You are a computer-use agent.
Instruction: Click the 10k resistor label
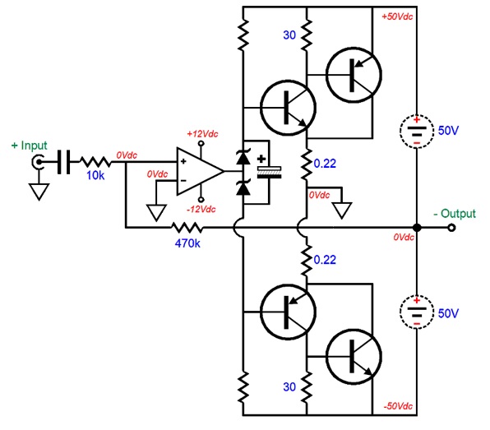click(x=95, y=176)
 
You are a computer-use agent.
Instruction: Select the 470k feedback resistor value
click(x=187, y=243)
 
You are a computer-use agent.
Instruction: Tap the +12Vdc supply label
click(x=202, y=134)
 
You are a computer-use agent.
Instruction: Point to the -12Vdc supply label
click(x=201, y=209)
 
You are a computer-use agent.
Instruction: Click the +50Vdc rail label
click(x=397, y=16)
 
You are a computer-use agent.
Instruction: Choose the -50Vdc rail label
click(x=398, y=406)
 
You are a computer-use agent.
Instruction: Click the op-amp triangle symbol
click(x=201, y=171)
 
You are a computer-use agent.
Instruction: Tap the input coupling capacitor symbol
click(x=64, y=162)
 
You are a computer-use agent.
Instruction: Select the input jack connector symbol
click(x=38, y=162)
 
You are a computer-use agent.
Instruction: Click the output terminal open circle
click(x=451, y=228)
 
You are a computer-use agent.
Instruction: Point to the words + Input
click(x=29, y=146)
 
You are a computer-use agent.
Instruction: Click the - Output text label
click(x=455, y=214)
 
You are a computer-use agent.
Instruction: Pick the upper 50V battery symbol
click(x=417, y=132)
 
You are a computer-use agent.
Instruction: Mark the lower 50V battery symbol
click(x=417, y=312)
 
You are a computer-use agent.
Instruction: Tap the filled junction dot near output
click(x=417, y=228)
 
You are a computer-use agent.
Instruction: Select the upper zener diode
click(x=243, y=157)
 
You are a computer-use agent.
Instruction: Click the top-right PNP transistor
click(x=354, y=75)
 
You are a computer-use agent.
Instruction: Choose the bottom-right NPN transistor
click(x=354, y=357)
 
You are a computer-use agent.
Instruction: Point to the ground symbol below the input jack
click(x=39, y=192)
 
